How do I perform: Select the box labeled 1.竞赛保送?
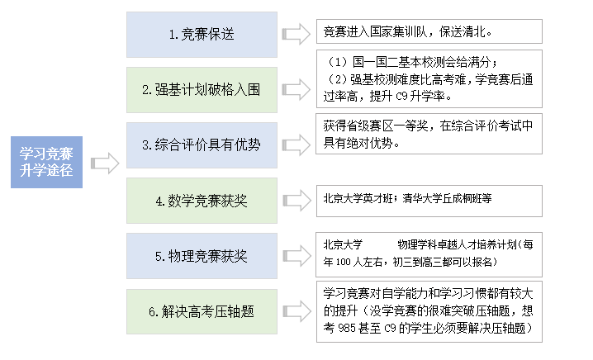point(201,35)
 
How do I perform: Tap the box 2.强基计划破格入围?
point(201,89)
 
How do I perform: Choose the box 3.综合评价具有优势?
point(201,144)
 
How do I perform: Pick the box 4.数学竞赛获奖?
point(201,200)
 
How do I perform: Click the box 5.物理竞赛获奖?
point(201,256)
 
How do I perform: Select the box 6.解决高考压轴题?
point(201,311)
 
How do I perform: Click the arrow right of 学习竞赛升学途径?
point(104,163)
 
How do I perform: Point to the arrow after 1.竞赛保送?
point(294,35)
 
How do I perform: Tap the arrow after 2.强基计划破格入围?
point(294,89)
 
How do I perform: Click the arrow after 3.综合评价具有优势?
point(294,144)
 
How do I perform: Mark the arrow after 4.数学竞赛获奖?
point(294,200)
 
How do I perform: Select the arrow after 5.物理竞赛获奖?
point(294,256)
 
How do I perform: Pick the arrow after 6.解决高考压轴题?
point(294,311)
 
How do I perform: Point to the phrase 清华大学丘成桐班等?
point(446,199)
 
